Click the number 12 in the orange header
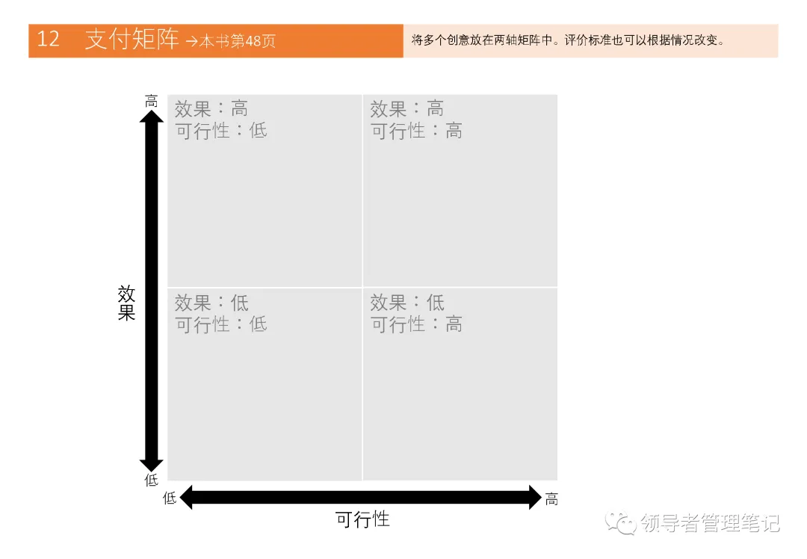tap(48, 40)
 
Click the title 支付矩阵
tap(132, 40)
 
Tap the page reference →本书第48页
tap(230, 41)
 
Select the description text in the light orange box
tap(568, 40)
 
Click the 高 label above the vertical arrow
tap(152, 101)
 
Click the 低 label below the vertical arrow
tap(152, 480)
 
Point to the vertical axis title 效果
tap(126, 303)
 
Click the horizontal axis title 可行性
tap(362, 519)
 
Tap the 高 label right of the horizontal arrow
tap(551, 498)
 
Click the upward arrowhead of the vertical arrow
tap(152, 118)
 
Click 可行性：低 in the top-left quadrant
tap(221, 131)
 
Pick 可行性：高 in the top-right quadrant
tap(417, 131)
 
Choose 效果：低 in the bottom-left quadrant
tap(211, 303)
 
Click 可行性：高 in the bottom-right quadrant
tap(417, 324)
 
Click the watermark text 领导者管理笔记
tap(710, 523)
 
